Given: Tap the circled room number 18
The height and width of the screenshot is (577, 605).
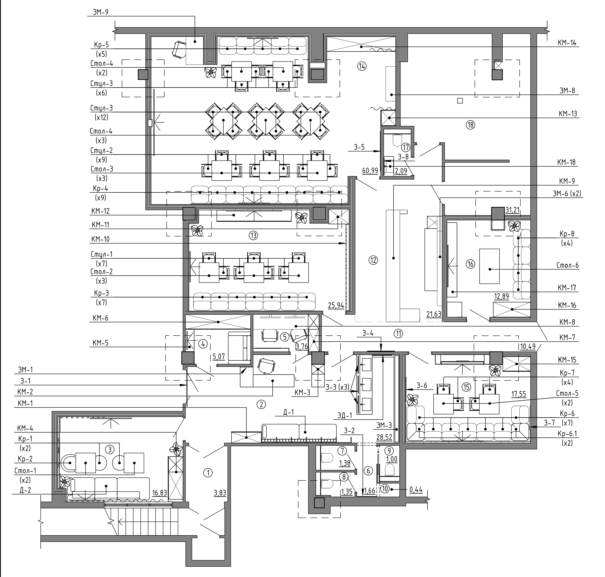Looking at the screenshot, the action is click(x=470, y=125).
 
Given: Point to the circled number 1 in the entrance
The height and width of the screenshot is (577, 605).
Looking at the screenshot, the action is click(x=208, y=472).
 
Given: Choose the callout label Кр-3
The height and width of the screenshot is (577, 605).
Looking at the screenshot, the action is click(x=101, y=293).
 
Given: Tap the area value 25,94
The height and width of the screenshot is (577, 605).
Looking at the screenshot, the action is click(x=336, y=305).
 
